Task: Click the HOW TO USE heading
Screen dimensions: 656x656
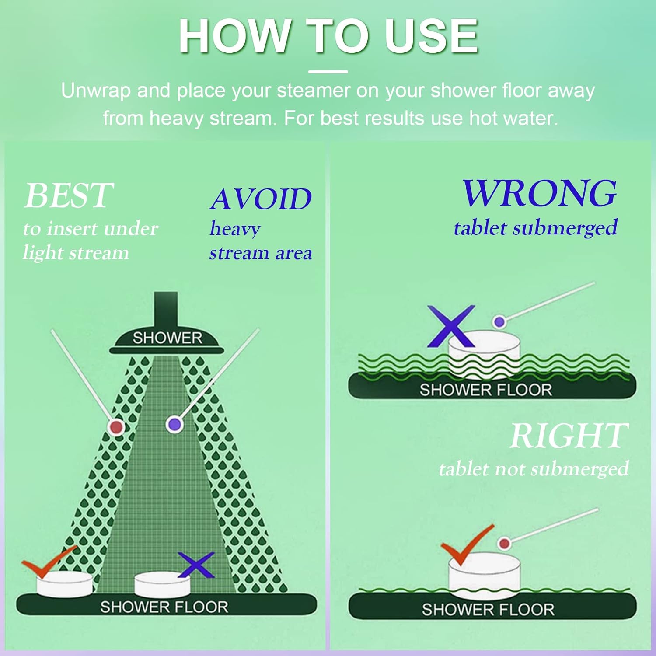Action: click(x=328, y=36)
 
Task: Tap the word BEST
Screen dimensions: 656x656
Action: click(x=69, y=195)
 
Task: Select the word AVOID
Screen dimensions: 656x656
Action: click(x=261, y=199)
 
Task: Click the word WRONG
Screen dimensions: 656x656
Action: click(x=540, y=193)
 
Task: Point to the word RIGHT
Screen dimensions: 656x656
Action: click(x=569, y=436)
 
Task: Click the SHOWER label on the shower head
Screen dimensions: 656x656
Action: click(x=167, y=338)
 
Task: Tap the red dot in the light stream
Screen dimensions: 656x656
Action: click(x=116, y=427)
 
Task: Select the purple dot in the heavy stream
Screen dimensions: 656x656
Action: click(x=174, y=424)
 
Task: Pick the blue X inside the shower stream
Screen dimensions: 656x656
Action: click(x=196, y=565)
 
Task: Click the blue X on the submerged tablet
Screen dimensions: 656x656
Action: click(x=451, y=326)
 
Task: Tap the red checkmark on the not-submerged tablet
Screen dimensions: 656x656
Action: click(x=466, y=545)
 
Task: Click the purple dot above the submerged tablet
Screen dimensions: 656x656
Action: click(x=499, y=322)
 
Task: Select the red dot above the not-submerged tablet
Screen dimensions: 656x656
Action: click(x=504, y=544)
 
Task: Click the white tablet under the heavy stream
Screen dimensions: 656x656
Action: click(x=162, y=584)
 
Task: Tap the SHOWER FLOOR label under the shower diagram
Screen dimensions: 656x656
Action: click(x=164, y=607)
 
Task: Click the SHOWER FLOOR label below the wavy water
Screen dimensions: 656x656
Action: click(x=486, y=390)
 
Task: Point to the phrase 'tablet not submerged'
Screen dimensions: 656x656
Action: click(x=534, y=469)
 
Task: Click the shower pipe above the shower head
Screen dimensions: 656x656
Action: click(x=166, y=311)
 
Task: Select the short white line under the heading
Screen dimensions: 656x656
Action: click(x=328, y=71)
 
